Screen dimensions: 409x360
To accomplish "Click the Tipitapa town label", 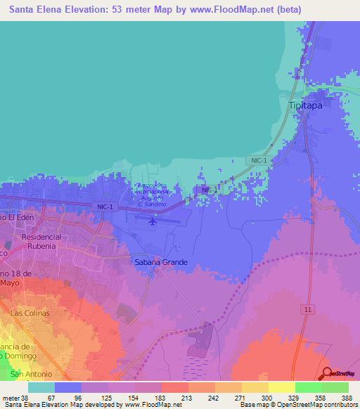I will pos(308,105).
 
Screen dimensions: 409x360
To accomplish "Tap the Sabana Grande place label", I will pos(162,262).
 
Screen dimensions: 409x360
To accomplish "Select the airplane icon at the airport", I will pos(153,222).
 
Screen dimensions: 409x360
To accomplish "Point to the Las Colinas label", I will pos(29,312).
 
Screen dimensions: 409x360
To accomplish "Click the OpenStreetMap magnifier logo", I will pos(328,372).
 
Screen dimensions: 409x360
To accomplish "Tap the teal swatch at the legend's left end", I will pos(41,387).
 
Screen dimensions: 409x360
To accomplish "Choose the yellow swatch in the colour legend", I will pos(281,387).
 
